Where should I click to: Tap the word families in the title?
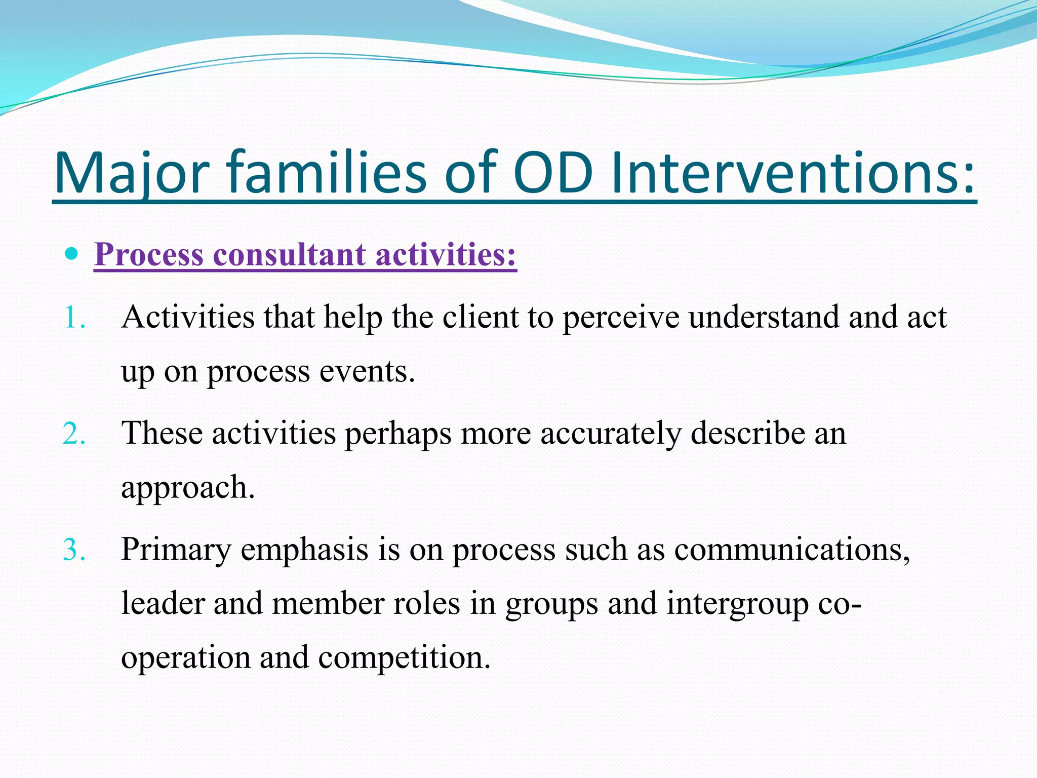327,173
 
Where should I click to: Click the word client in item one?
480,318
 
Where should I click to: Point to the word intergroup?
737,604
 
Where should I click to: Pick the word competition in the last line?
404,657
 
